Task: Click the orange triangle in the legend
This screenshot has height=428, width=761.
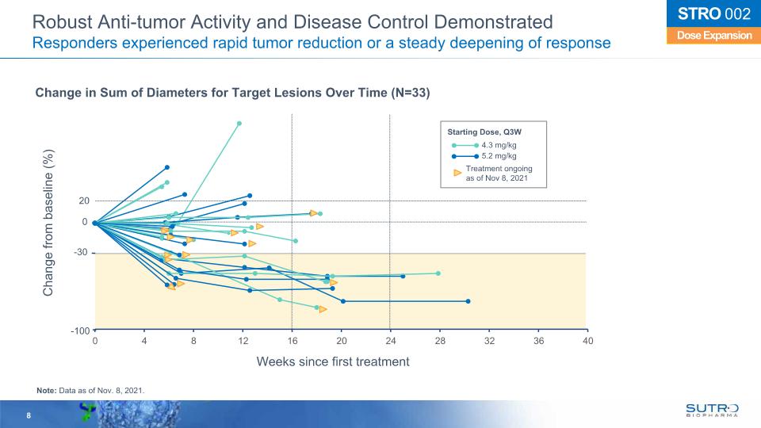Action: pos(457,171)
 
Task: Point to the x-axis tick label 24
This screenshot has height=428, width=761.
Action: pos(390,340)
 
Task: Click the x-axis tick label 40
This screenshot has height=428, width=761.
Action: pos(587,340)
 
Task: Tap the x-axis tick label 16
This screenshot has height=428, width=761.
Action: pos(292,340)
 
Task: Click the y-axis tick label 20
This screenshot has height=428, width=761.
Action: pos(83,201)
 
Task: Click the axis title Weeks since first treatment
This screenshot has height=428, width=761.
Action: pos(333,361)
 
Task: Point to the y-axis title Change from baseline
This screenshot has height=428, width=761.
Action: pos(49,223)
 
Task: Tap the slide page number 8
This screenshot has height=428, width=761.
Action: pos(29,416)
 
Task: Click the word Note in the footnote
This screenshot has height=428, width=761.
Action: pos(46,389)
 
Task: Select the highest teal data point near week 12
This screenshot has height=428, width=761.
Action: pos(239,124)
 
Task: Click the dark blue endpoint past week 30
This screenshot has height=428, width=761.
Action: pos(468,301)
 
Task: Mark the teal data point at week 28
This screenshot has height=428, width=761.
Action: pos(438,273)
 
